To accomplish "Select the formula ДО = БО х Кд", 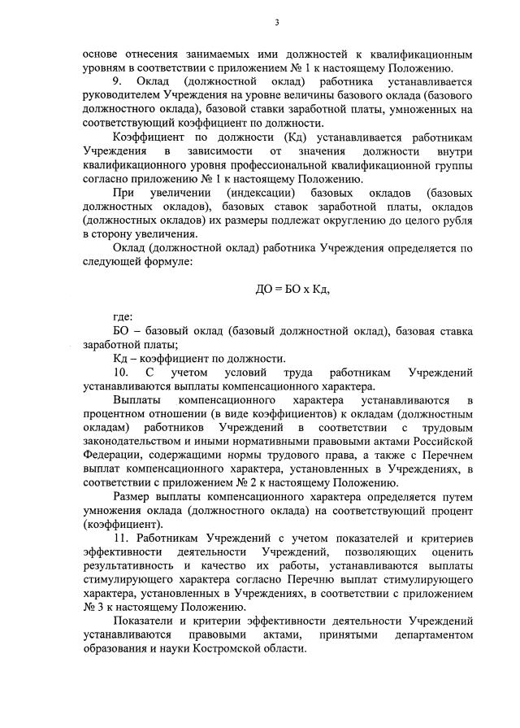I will [x=293, y=289].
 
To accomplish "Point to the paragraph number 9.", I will [x=117, y=82].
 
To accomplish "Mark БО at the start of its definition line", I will [x=122, y=331].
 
